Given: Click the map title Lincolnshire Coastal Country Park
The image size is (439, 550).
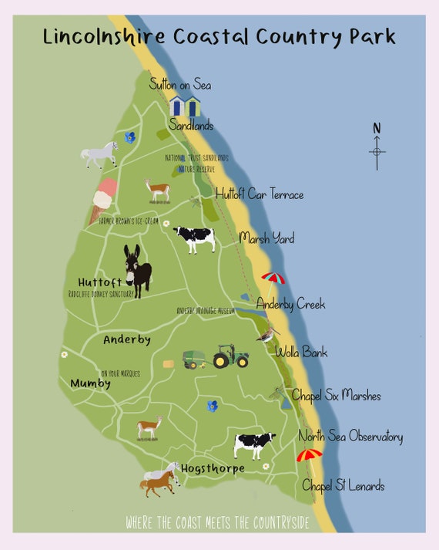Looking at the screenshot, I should pyautogui.click(x=219, y=36).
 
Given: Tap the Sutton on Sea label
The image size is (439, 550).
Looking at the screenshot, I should pyautogui.click(x=180, y=85).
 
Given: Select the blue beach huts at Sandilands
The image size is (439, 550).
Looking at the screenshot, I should pyautogui.click(x=185, y=106).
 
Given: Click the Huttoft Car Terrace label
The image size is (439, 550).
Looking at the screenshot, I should pyautogui.click(x=260, y=194).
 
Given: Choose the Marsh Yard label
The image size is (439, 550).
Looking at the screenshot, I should pyautogui.click(x=266, y=238).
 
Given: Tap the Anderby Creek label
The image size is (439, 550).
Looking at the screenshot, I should pyautogui.click(x=290, y=304).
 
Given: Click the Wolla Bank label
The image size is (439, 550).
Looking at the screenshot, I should pyautogui.click(x=301, y=353).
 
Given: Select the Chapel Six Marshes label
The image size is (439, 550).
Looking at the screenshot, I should pyautogui.click(x=336, y=396).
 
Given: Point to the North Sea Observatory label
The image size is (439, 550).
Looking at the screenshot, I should pyautogui.click(x=350, y=437).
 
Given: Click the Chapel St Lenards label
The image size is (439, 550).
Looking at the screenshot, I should pyautogui.click(x=343, y=485).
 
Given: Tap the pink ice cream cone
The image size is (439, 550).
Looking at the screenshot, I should pyautogui.click(x=103, y=200).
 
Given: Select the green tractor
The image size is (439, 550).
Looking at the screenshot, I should pyautogui.click(x=230, y=356).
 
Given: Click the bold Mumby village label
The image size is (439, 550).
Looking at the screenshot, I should pyautogui.click(x=91, y=383).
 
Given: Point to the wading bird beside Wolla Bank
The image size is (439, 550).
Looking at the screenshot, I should pyautogui.click(x=268, y=336).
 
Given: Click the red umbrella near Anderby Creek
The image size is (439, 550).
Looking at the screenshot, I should pyautogui.click(x=273, y=278).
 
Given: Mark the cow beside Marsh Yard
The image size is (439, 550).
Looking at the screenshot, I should pyautogui.click(x=194, y=238).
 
